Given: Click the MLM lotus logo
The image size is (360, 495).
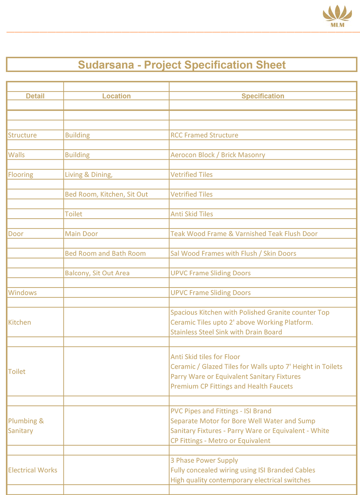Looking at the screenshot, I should [337, 16].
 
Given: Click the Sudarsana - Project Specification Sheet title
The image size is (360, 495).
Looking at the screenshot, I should [182, 65].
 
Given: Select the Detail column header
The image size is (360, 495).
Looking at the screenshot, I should [35, 96].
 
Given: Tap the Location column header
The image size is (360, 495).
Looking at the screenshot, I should [116, 96].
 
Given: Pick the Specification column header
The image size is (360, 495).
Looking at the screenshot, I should [262, 96].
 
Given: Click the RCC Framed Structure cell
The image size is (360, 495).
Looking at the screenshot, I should [204, 135].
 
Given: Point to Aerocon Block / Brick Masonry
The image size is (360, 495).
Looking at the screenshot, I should [218, 155].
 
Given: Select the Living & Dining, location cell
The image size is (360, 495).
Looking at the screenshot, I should [89, 175].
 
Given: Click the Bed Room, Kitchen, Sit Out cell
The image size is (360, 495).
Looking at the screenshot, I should [106, 194].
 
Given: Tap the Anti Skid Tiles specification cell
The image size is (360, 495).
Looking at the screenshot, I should [192, 214].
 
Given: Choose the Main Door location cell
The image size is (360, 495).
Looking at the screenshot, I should [81, 234].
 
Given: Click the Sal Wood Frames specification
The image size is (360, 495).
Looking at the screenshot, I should [233, 253].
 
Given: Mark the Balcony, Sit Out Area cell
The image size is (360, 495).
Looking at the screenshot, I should [97, 273].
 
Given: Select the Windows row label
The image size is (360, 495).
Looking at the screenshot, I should [23, 293].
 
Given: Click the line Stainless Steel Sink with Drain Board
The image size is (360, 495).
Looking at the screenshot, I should [226, 332].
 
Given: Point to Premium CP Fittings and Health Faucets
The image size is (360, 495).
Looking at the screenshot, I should [231, 386].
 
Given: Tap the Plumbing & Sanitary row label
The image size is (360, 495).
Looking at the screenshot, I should [26, 426].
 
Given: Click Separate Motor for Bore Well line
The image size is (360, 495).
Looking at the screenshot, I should [243, 421].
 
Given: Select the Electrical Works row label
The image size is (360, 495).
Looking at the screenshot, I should [33, 470].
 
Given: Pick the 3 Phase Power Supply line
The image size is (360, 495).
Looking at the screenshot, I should [204, 461].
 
